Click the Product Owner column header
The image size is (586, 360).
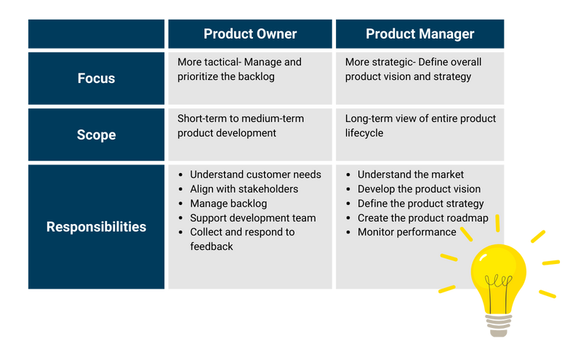pyautogui.click(x=250, y=34)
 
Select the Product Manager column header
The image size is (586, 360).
pyautogui.click(x=420, y=34)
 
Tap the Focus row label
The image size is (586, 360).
pyautogui.click(x=96, y=79)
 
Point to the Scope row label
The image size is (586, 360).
pyautogui.click(x=96, y=135)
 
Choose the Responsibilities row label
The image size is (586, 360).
pyautogui.click(x=96, y=227)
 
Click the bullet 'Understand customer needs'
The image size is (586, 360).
pyautogui.click(x=255, y=175)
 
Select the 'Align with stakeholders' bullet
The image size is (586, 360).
pyautogui.click(x=244, y=189)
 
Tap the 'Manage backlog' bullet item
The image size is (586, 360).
pyautogui.click(x=228, y=204)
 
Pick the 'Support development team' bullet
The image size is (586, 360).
pyautogui.click(x=252, y=218)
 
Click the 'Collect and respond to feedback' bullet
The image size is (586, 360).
pyautogui.click(x=242, y=233)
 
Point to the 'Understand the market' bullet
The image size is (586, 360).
pyautogui.click(x=410, y=175)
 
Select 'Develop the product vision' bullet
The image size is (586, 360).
pyautogui.click(x=419, y=189)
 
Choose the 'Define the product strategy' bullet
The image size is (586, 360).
pyautogui.click(x=420, y=204)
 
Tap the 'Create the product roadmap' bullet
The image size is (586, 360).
pyautogui.click(x=422, y=218)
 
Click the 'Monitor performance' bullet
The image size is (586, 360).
pyautogui.click(x=406, y=233)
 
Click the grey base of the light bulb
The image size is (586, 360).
pyautogui.click(x=499, y=325)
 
